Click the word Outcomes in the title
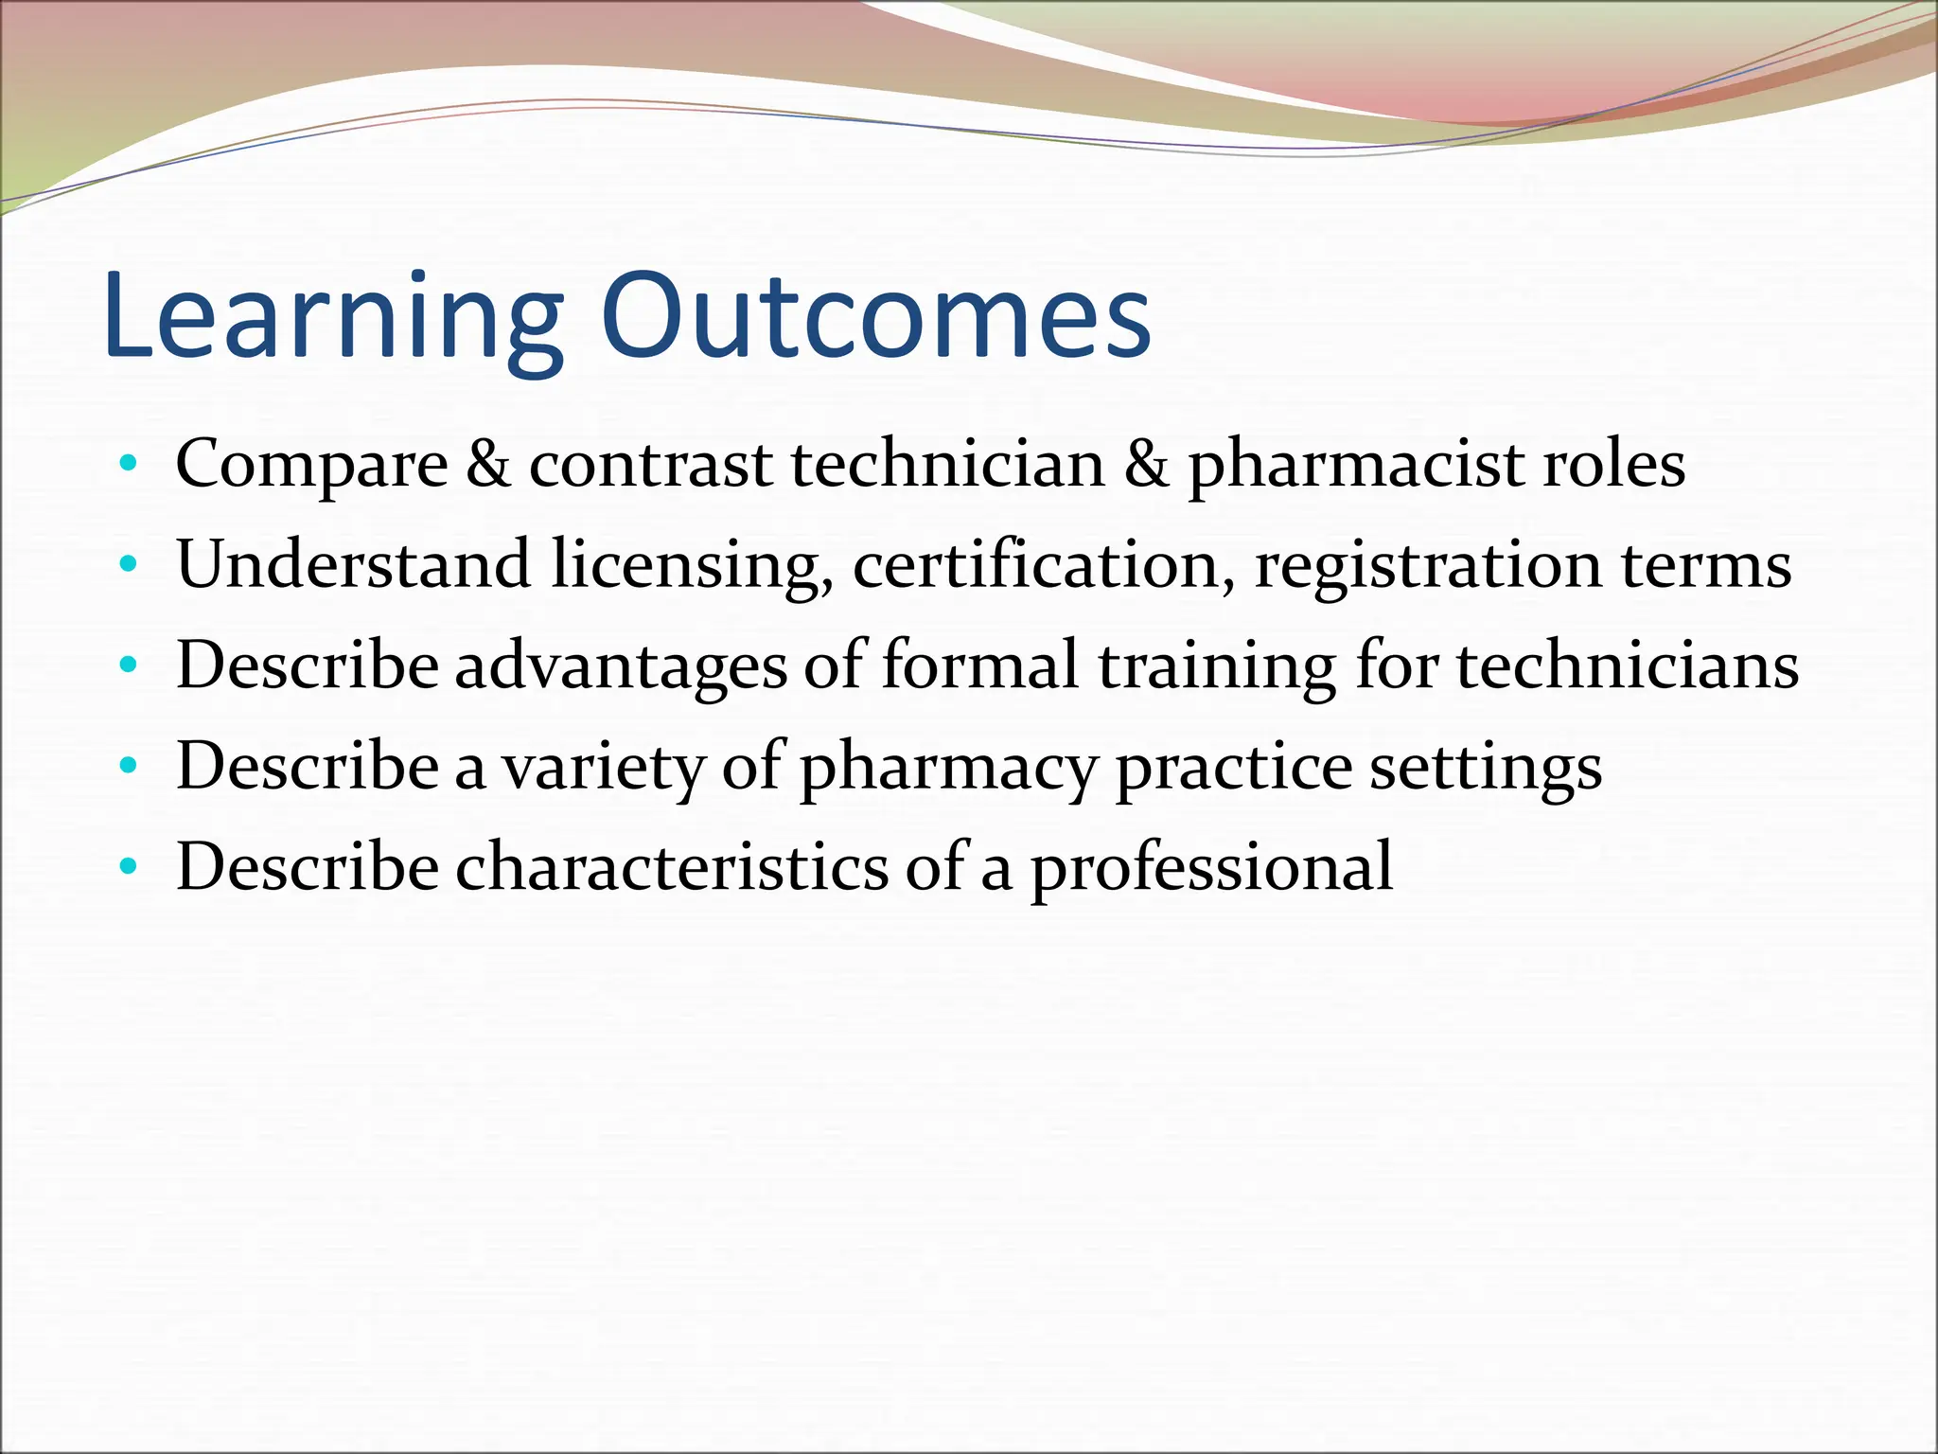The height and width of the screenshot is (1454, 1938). tap(875, 317)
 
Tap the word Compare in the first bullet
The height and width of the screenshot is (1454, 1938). tap(311, 466)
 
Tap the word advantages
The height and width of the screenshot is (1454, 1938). tap(621, 666)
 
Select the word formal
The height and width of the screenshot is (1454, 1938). tap(979, 665)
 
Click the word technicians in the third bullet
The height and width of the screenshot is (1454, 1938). tap(1627, 665)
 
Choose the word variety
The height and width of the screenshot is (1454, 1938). tap(603, 767)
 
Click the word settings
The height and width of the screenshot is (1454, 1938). tap(1486, 767)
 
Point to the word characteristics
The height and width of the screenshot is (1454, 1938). tap(672, 867)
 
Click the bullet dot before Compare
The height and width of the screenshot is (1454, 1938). tap(129, 466)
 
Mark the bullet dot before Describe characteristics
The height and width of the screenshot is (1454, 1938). tap(129, 867)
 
